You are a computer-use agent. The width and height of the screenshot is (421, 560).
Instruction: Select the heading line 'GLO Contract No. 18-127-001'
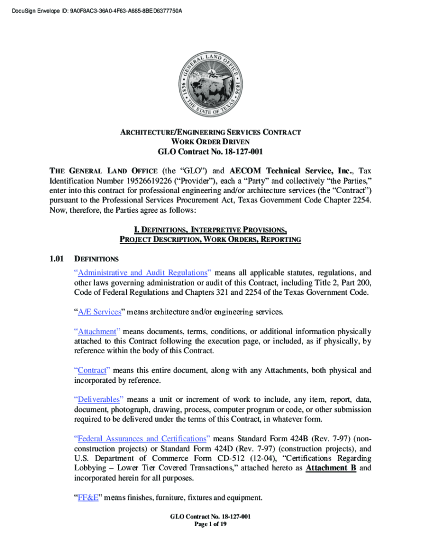[210, 152]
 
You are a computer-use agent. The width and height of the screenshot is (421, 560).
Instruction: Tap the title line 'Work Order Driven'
[210, 141]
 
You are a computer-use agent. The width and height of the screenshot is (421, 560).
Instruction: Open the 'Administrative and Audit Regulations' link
[143, 272]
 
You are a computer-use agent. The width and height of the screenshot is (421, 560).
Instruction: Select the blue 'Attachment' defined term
[97, 331]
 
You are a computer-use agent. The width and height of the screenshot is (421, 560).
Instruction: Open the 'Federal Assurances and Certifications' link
[142, 439]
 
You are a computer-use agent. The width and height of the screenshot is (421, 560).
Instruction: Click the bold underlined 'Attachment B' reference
[331, 468]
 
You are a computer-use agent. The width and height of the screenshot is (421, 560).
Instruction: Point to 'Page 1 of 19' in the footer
[210, 524]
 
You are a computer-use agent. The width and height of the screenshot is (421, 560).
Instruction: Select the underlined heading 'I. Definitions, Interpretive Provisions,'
[210, 229]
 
